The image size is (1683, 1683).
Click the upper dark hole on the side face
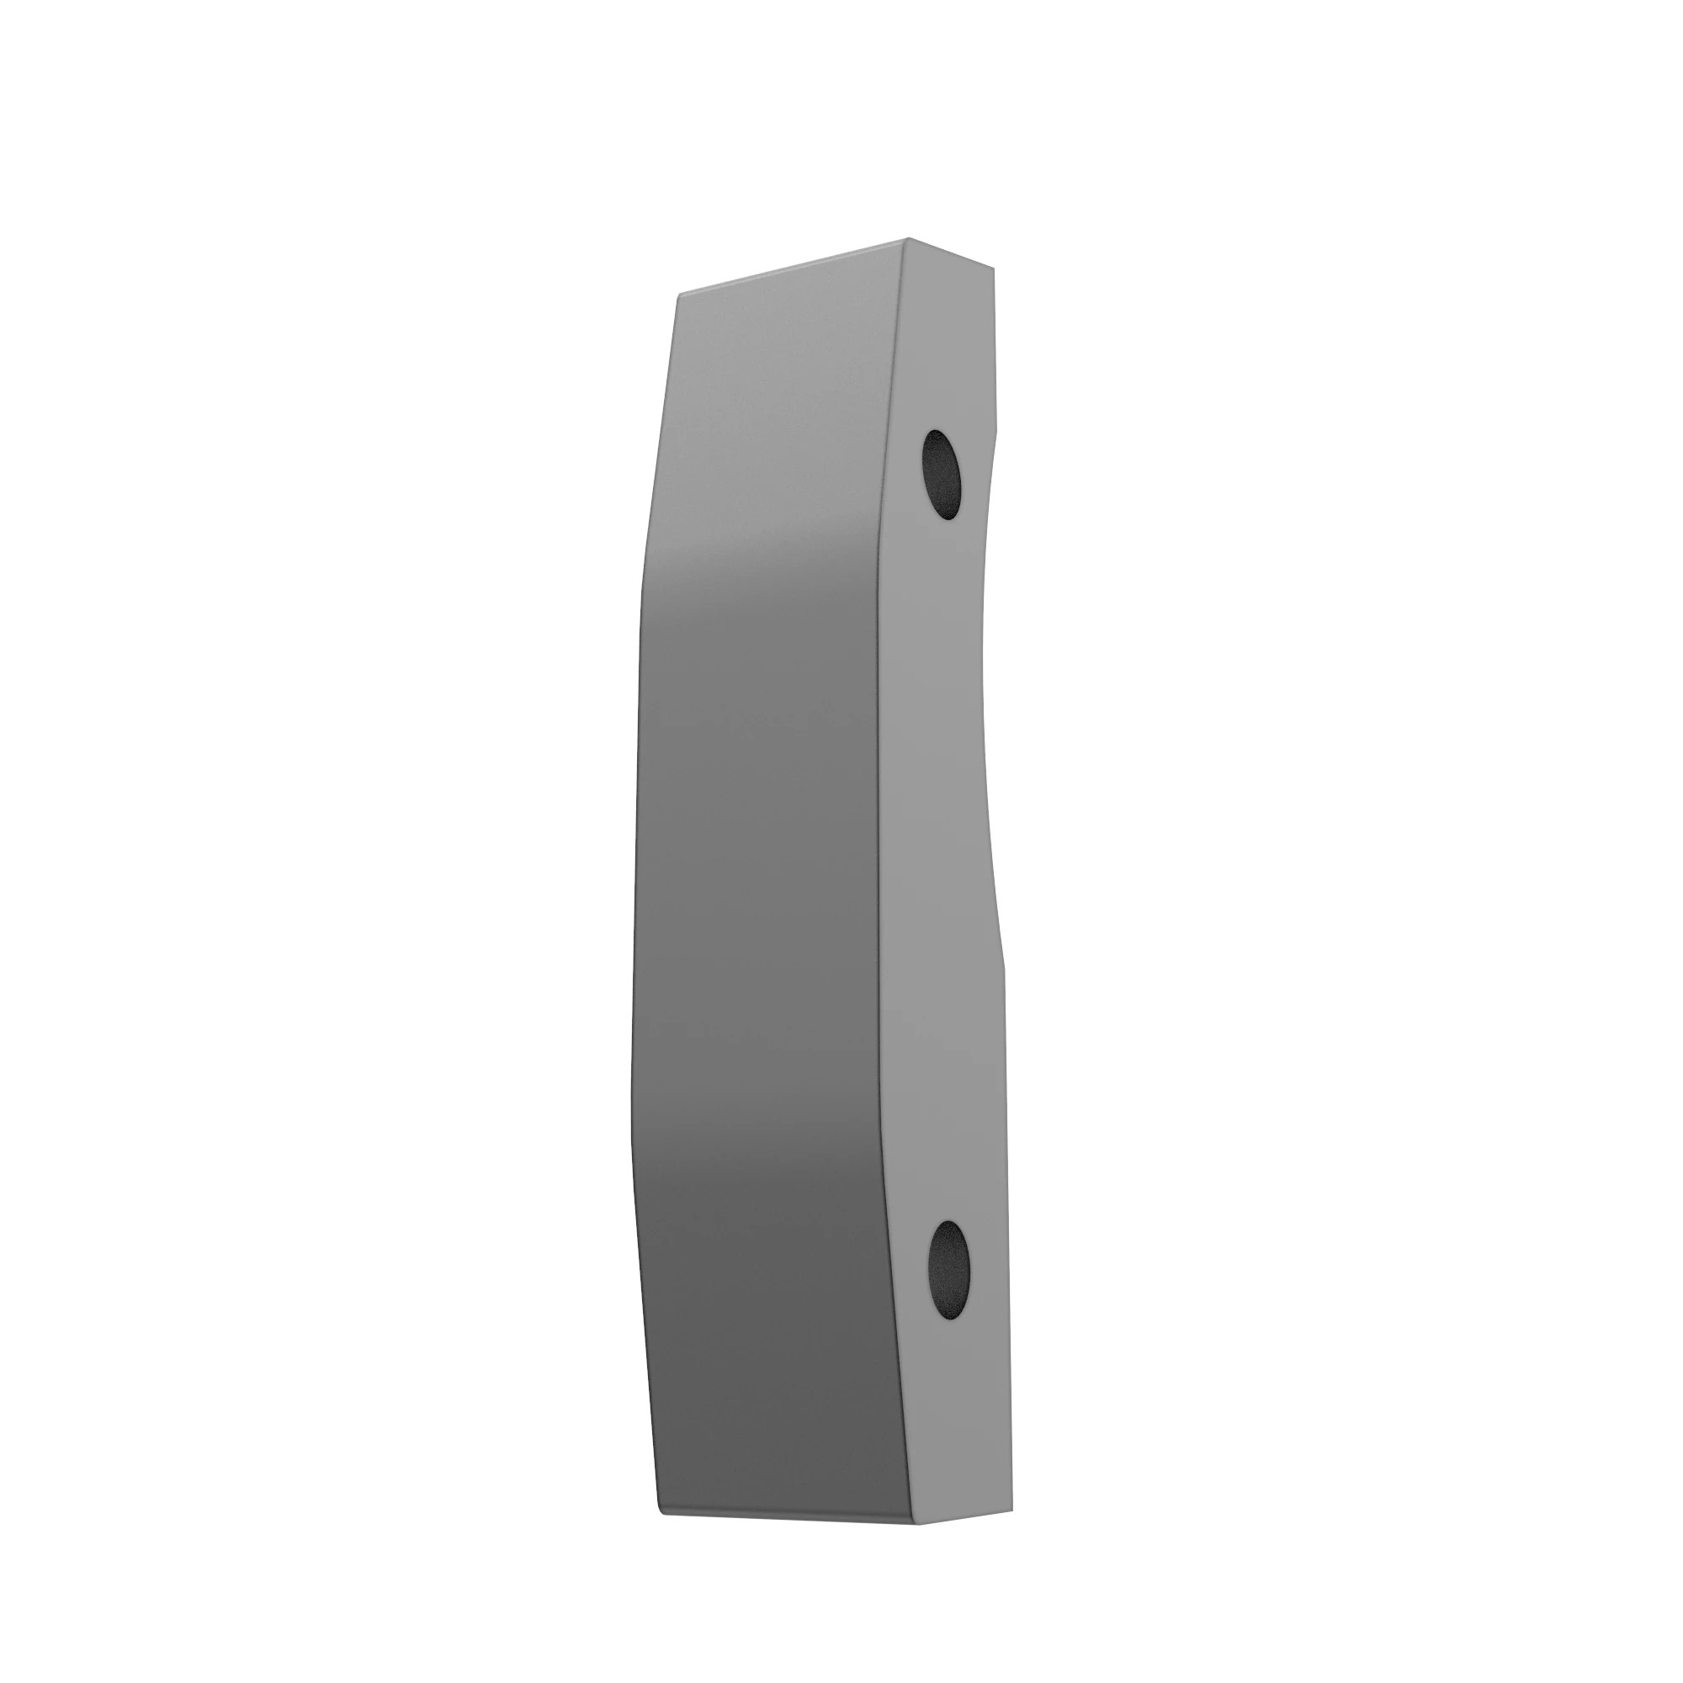click(942, 475)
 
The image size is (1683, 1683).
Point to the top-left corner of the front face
click(679, 296)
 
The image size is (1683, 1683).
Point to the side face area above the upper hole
click(945, 348)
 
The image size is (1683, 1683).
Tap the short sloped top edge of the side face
click(949, 252)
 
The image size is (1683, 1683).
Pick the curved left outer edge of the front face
click(634, 871)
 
